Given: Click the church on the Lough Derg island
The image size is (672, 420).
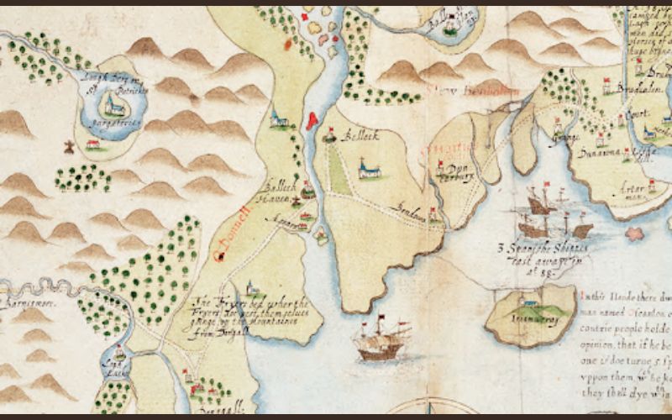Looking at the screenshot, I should click(x=112, y=106).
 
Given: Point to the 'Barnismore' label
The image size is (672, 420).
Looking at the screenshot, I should click(x=25, y=299).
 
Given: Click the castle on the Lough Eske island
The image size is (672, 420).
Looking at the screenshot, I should click(x=118, y=354).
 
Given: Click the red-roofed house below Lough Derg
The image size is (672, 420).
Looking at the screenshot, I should click(x=95, y=144).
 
